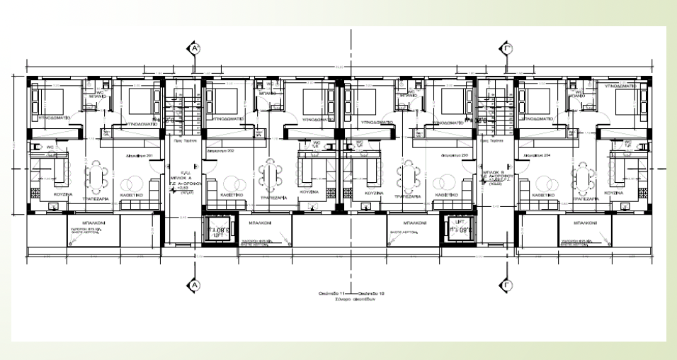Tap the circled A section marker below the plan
pos(195,284)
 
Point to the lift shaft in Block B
pos(453,228)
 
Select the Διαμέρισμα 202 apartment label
pos(220,152)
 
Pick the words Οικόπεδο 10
pos(368,291)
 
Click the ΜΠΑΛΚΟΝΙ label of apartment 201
pos(79,222)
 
